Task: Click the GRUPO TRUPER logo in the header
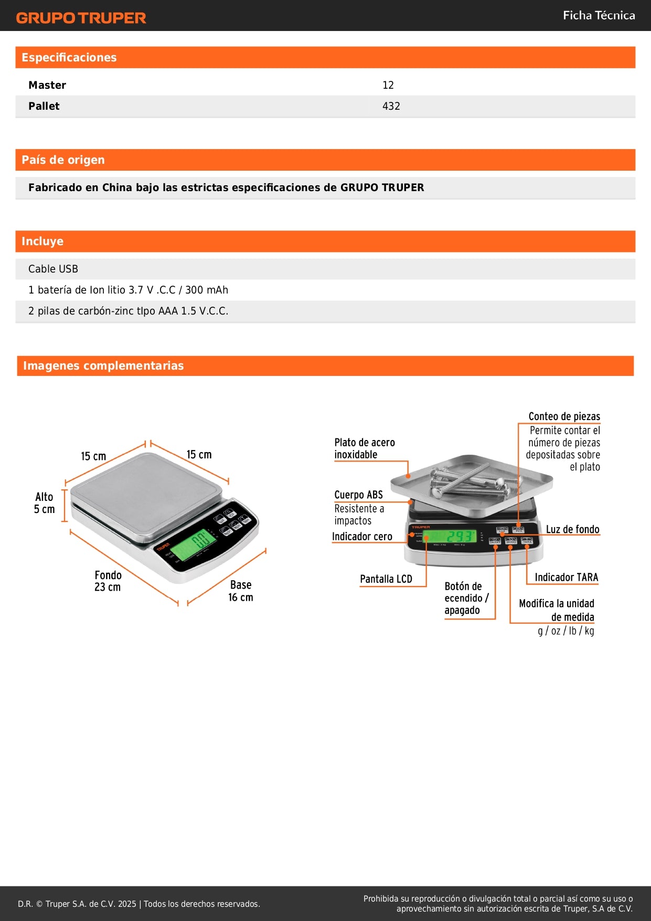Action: point(81,18)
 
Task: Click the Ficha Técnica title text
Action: point(599,15)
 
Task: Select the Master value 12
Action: point(388,85)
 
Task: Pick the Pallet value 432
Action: point(391,106)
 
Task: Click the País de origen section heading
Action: point(63,160)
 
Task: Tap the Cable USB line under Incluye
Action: point(53,269)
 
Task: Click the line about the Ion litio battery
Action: point(128,290)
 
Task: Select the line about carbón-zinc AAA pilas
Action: point(128,311)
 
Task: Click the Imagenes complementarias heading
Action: point(103,366)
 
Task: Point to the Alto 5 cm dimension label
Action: point(44,503)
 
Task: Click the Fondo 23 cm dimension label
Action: point(108,581)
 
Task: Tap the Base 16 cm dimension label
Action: point(240,591)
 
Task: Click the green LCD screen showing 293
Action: point(450,536)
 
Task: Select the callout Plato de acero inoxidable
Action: point(364,448)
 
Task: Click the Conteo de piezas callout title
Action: point(564,416)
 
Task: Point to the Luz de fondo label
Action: point(572,529)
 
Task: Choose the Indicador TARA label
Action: point(566,577)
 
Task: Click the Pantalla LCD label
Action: point(386,579)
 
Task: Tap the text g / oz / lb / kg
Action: point(565,631)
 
